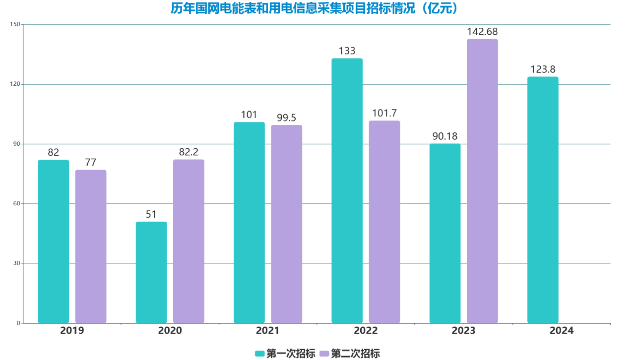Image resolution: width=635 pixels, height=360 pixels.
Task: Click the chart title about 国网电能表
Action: [x=317, y=9]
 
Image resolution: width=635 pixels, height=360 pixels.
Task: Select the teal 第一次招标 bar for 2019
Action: [x=54, y=241]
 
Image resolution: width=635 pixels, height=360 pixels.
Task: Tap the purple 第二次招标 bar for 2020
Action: [x=189, y=241]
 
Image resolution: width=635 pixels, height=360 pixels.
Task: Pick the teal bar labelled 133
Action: [x=347, y=191]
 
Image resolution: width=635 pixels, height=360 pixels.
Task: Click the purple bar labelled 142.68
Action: [x=482, y=181]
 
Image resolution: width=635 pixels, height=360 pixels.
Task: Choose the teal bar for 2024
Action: [x=543, y=200]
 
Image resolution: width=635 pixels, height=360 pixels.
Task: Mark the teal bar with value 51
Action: [x=151, y=272]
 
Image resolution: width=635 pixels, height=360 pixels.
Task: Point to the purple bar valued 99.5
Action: [x=286, y=224]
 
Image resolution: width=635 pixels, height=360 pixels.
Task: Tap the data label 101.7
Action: [x=384, y=113]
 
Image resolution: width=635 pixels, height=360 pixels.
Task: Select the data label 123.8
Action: [x=543, y=69]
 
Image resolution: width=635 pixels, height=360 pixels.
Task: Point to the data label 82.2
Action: [x=189, y=152]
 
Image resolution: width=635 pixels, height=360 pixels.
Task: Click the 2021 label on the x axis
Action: [x=268, y=331]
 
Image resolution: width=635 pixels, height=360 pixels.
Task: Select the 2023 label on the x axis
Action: [x=463, y=331]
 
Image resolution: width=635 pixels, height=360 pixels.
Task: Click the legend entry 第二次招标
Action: [x=350, y=354]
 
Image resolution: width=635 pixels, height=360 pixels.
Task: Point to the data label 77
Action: [x=91, y=163]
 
